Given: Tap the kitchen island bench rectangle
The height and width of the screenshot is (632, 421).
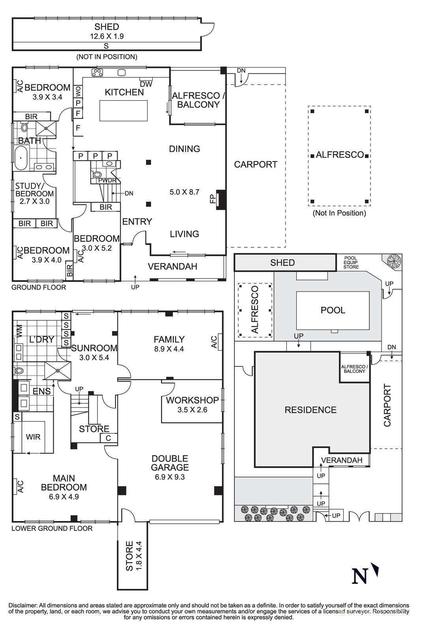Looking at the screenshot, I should [x=123, y=111].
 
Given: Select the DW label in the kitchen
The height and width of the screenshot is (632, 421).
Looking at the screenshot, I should [x=146, y=84].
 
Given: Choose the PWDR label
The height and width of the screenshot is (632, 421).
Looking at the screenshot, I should [x=107, y=181].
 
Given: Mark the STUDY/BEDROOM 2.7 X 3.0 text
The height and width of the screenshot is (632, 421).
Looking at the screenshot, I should [x=34, y=194].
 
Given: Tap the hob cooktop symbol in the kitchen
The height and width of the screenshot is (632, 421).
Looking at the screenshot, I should [x=97, y=73].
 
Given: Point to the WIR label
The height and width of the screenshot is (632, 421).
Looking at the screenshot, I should [x=33, y=437].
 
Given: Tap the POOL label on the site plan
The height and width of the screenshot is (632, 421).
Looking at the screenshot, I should [x=333, y=310].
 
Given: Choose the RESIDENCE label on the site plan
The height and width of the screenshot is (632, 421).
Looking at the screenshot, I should [x=311, y=410].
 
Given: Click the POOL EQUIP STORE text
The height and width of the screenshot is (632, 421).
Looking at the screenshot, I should [x=351, y=262].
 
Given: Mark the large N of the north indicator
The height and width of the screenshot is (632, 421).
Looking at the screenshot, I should [x=359, y=576].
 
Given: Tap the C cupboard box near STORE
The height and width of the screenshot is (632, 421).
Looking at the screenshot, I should [x=109, y=438].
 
